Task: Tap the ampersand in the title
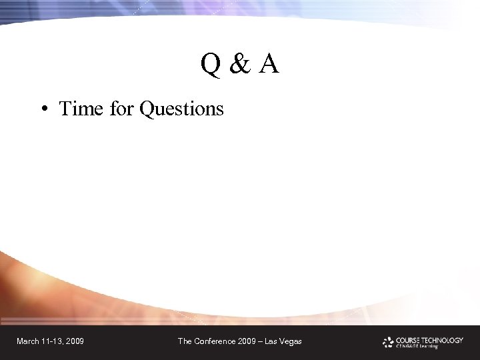tap(239, 65)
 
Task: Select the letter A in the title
tap(269, 65)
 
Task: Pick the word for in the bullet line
tap(122, 108)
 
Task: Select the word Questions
tap(182, 109)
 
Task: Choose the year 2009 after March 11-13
tap(75, 341)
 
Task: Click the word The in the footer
tap(185, 341)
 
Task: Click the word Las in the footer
tap(270, 341)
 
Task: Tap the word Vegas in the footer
tap(290, 341)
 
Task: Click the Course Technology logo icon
tap(388, 342)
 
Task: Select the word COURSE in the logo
tap(407, 339)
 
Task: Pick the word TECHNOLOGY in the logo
tap(441, 339)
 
